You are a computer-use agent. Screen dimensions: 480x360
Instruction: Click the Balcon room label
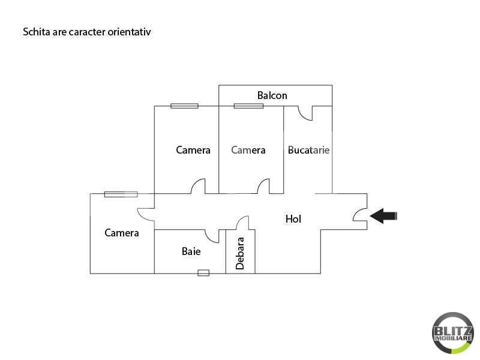tap(272, 95)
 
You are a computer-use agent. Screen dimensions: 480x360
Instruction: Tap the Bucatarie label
tap(308, 150)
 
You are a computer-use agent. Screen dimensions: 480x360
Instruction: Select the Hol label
tap(293, 219)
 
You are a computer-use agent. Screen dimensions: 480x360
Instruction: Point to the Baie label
tap(191, 251)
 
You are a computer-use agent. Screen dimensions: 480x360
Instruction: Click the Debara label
tap(240, 253)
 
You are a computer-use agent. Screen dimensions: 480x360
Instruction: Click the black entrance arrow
tap(383, 216)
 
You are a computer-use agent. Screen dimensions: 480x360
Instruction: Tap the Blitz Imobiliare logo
tap(453, 333)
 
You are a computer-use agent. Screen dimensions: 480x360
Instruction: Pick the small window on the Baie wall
tap(203, 273)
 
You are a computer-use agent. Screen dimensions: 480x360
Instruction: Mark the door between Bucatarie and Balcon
tap(305, 113)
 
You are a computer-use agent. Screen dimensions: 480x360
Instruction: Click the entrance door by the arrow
tap(360, 214)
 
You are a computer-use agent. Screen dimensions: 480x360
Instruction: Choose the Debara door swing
tap(242, 223)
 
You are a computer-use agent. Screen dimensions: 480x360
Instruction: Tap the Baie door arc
tap(212, 236)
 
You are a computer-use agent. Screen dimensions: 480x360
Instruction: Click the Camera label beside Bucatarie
tap(248, 150)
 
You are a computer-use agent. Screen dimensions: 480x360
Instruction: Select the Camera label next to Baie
tap(122, 233)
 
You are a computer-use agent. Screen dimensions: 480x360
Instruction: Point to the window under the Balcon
tap(248, 106)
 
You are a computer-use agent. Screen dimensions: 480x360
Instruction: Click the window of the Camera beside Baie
tap(121, 194)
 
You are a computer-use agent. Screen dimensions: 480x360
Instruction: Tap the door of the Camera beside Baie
tap(146, 215)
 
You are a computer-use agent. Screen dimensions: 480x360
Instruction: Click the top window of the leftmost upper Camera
tap(184, 106)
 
